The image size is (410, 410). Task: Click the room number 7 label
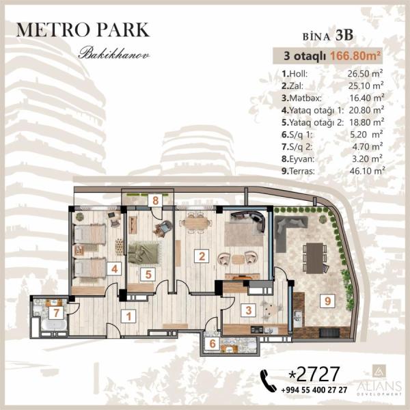[x=56, y=313]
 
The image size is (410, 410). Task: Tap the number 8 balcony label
[x=155, y=200]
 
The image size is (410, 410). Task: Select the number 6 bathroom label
[x=213, y=343]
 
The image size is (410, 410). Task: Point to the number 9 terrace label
[x=327, y=301]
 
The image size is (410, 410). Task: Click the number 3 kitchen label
[x=249, y=310]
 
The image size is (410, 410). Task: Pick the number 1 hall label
[x=128, y=316]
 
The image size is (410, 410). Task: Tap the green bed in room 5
[x=143, y=253]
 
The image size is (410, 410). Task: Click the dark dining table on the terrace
[x=314, y=258]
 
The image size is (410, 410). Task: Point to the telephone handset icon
[x=269, y=381]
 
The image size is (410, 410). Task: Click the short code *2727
[x=314, y=374]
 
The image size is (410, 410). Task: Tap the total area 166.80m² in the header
[x=355, y=56]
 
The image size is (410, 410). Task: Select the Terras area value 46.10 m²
[x=367, y=171]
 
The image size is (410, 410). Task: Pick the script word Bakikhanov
[x=114, y=53]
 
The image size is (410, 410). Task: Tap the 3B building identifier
[x=344, y=36]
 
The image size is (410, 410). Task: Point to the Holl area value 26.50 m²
[x=365, y=74]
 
